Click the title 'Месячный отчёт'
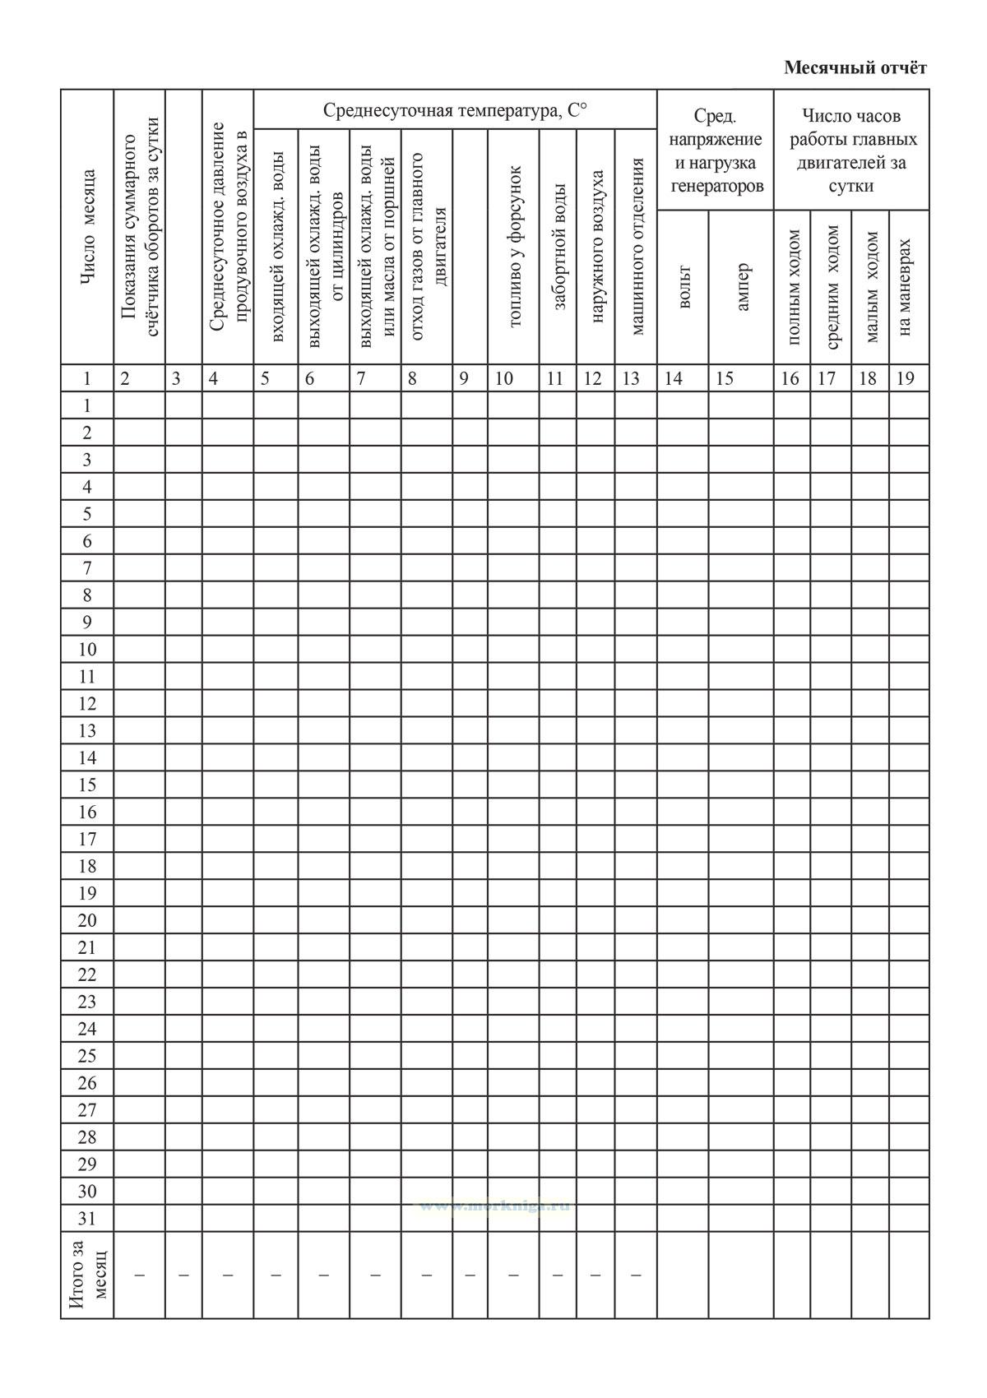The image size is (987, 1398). [855, 67]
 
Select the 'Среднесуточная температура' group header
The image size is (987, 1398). [455, 110]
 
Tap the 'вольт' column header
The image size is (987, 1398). [683, 287]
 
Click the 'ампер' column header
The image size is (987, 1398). [742, 287]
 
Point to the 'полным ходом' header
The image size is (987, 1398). [793, 287]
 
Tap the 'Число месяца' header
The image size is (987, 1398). [88, 229]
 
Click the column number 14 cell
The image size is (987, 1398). [674, 379]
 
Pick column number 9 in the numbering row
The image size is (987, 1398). [464, 379]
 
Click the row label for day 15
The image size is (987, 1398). [87, 785]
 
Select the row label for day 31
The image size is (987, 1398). [87, 1219]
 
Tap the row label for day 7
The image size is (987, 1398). [87, 568]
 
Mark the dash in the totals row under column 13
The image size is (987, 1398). [635, 1275]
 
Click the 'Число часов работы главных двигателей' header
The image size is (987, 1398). [851, 150]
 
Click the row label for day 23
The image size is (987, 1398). [87, 1002]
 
